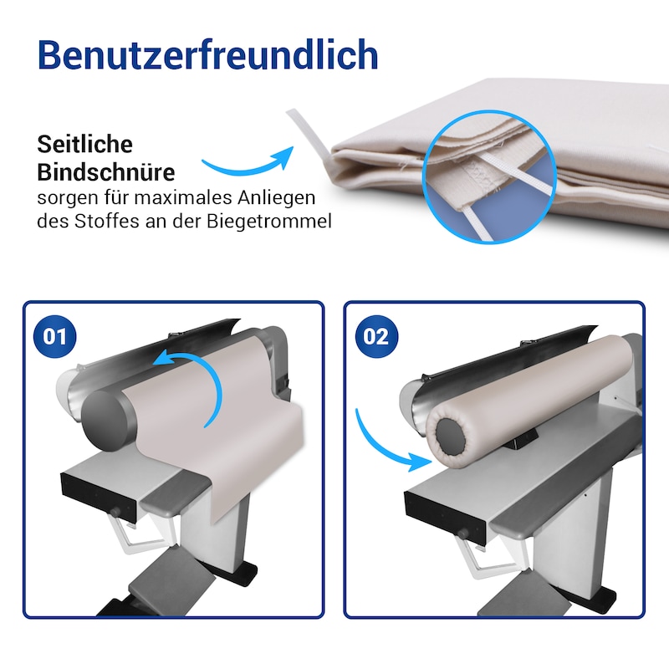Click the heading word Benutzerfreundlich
pos(207,54)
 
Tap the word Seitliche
pos(85,144)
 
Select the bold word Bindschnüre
pos(106,172)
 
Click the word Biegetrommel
pos(269,222)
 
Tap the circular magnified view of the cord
pos(489,176)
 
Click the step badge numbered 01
pos(55,336)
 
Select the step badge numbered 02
pos(376,336)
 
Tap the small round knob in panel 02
pos(462,534)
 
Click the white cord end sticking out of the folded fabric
pos(308,132)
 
